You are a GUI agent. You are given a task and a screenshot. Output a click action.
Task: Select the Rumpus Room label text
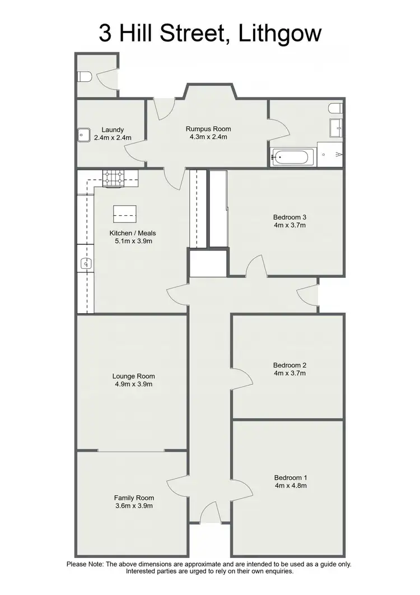tap(208, 129)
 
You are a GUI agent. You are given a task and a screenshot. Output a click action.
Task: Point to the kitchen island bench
tap(124, 212)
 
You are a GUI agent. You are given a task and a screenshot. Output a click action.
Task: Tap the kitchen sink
tap(85, 262)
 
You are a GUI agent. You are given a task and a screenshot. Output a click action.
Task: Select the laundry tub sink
tap(83, 135)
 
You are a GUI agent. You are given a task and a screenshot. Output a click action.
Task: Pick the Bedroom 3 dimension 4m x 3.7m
tap(289, 225)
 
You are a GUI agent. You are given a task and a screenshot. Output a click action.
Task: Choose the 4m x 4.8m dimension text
tap(290, 486)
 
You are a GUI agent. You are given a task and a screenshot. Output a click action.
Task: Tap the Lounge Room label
tap(133, 376)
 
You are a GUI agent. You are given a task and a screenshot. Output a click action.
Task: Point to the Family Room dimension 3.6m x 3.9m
tap(134, 505)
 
